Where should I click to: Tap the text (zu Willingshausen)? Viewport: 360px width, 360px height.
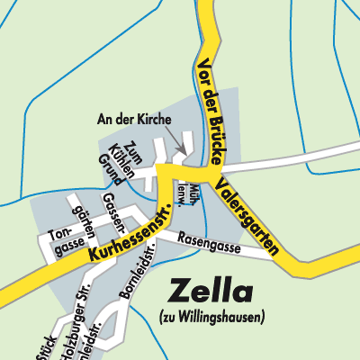click(212, 316)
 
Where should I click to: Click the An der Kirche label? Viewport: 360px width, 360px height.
click(132, 119)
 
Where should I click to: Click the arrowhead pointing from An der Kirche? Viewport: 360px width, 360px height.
click(183, 148)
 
